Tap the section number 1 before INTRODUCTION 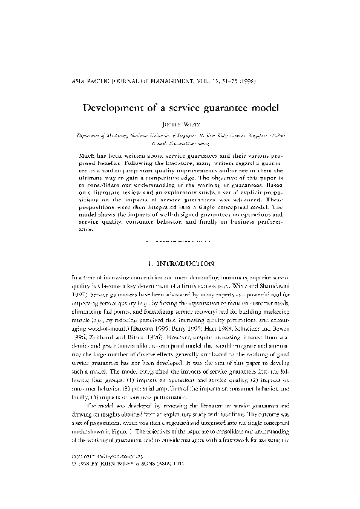tap(149, 264)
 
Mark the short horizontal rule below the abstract tap(180, 239)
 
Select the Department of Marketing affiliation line tap(180, 137)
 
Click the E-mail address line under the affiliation tap(180, 145)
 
